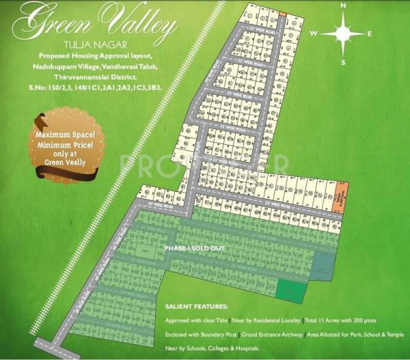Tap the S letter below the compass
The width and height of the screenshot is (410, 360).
click(343, 62)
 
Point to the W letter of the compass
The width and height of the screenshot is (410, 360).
click(313, 33)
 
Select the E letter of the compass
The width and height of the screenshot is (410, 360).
click(370, 33)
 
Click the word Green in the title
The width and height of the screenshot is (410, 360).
click(55, 25)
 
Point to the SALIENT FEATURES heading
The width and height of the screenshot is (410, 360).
click(197, 307)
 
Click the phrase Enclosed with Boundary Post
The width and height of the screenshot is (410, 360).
click(196, 335)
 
